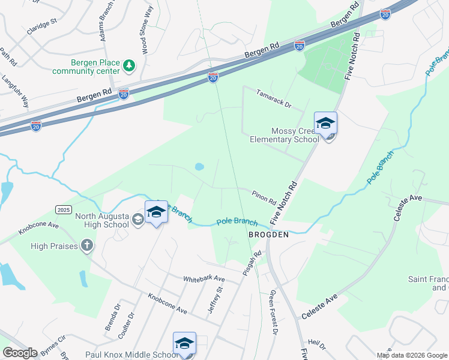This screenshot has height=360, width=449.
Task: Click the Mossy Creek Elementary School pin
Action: (325, 124)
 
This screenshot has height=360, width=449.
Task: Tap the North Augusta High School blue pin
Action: (156, 213)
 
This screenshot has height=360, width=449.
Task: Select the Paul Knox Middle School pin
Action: (185, 344)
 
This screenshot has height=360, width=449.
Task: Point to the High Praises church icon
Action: (87, 245)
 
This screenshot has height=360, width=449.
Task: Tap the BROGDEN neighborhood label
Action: (269, 236)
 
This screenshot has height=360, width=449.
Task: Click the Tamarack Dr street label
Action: (273, 99)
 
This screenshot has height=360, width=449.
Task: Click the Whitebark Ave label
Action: (203, 279)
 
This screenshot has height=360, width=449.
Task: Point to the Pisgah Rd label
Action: (257, 261)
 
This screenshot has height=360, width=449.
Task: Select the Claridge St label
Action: (42, 28)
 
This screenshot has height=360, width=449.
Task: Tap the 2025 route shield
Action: (64, 209)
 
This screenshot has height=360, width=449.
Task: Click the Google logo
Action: (20, 353)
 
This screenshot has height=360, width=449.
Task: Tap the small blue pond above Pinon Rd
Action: (199, 166)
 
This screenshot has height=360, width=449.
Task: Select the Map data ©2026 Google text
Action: (411, 355)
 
